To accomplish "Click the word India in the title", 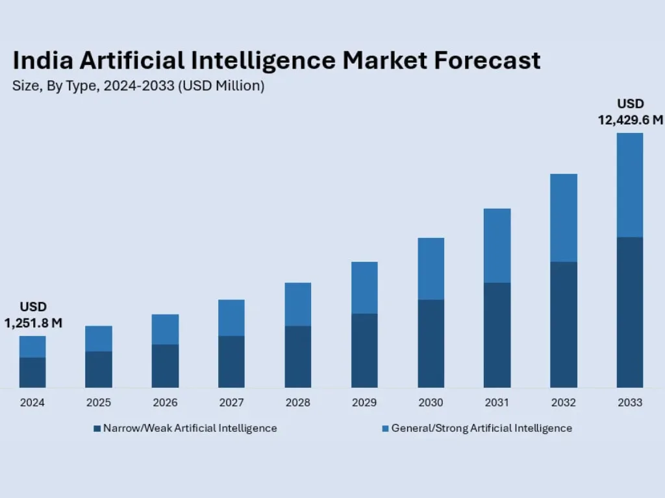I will coord(40,60).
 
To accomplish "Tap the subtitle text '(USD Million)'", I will coord(221,86).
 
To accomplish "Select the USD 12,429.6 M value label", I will coord(630,112).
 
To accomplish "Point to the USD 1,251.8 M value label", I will coord(33,314).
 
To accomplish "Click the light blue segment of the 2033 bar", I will coord(630,185).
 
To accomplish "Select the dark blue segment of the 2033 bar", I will coord(630,313).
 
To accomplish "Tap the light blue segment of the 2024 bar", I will coord(32,346).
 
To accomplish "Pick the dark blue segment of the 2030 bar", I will coord(431,344).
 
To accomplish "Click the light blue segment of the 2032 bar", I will coord(564,217).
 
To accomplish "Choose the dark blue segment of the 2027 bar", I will coord(231,362).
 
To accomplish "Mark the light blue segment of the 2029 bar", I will coord(364,287).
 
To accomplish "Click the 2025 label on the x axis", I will coord(99,403).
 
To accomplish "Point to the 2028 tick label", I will coord(298,403).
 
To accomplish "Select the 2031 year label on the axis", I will coord(497,403).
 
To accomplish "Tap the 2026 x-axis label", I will coord(165,403).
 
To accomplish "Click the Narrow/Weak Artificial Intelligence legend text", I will coord(190,428).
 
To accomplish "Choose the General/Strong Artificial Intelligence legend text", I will coord(481,428).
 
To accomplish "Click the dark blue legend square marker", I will coord(97,428).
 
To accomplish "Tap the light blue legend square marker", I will coord(384,428).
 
